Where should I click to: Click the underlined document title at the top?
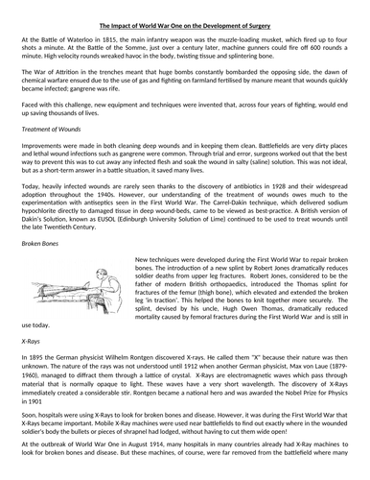point(184,14)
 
